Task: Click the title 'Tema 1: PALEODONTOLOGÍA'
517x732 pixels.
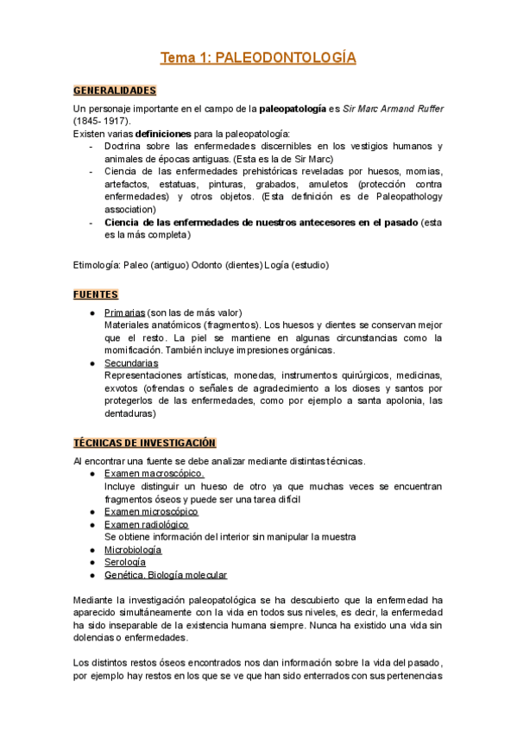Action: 258,58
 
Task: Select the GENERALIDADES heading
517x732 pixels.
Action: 115,90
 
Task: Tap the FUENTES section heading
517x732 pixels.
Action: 96,294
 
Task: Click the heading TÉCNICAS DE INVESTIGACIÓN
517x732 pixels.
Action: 145,443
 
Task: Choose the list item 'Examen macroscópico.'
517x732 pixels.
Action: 154,474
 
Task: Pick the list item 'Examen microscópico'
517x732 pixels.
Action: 151,511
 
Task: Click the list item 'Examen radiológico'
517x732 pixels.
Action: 146,524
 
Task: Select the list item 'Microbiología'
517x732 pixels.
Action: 133,549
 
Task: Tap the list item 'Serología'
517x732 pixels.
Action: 125,562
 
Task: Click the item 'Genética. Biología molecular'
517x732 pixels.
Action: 166,575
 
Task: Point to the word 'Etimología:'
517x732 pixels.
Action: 98,265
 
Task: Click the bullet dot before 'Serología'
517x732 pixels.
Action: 91,562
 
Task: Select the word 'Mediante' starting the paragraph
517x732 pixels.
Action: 95,600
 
